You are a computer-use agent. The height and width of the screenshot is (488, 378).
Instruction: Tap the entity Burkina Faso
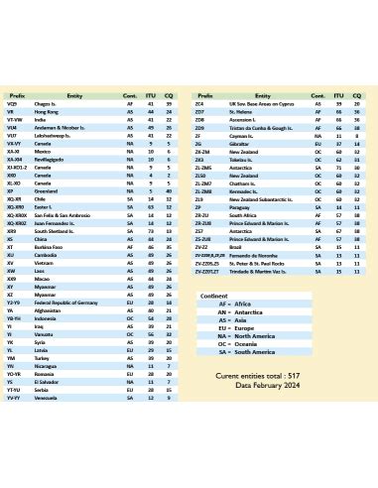point(50,245)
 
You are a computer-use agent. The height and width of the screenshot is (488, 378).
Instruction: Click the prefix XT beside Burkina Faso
point(10,245)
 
